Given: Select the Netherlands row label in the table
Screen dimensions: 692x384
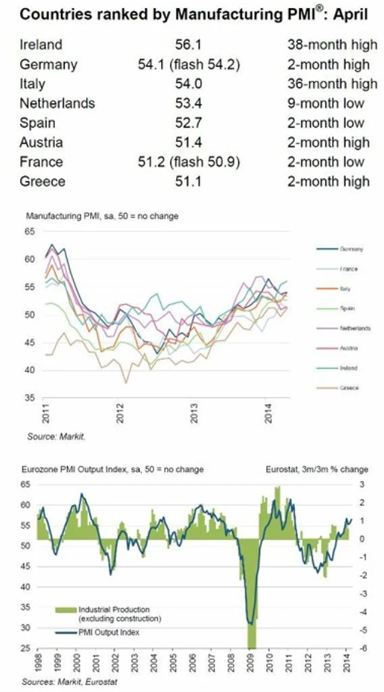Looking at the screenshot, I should click(57, 103).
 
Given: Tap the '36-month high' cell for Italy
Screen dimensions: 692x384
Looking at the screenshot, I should click(328, 83).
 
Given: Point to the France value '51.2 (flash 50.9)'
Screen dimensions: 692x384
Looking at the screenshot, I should click(189, 162).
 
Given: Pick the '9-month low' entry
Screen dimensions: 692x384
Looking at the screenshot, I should click(325, 103).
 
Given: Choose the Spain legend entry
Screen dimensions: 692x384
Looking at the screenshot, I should click(348, 308).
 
